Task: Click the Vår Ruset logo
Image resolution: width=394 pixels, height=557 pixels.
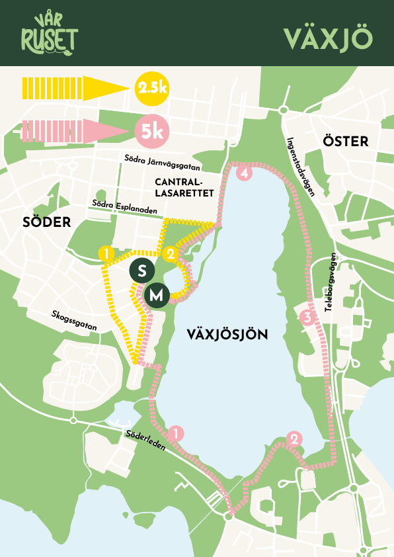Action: pos(48,34)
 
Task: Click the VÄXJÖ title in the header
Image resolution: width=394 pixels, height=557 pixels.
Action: pos(329,38)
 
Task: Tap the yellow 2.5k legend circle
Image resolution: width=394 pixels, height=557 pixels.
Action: pos(152,88)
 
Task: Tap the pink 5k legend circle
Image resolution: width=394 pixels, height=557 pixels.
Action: pos(152,131)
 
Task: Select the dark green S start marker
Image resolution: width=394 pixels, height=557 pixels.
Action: pos(142,270)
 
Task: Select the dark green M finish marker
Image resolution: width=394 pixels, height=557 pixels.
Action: pos(157,296)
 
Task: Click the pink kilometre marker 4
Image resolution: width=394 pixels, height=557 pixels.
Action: pos(245,174)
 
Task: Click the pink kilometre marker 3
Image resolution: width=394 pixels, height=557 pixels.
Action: pos(306,318)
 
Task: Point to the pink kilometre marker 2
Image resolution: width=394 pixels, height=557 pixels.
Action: pos(295,438)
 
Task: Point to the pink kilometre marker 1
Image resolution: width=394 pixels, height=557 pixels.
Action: pos(176,433)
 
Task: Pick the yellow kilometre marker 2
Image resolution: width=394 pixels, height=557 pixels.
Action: pos(171,253)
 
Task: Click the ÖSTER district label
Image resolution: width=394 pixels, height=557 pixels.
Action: pos(345,141)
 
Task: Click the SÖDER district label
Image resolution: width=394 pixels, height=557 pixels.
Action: pos(46,222)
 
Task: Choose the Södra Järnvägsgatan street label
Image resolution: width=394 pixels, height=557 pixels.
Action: pos(162,158)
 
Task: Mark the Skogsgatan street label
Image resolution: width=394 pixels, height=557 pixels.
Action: pos(73,318)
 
